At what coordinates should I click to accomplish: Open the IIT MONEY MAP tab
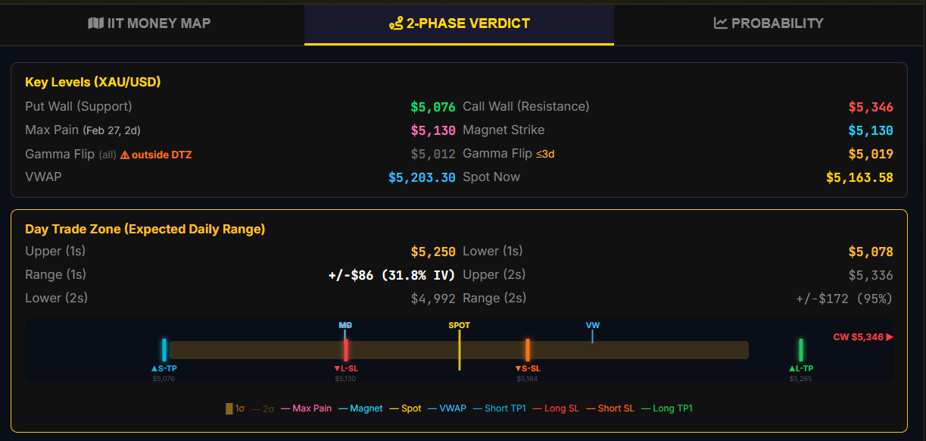click(150, 23)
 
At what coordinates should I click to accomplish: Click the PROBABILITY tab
click(769, 23)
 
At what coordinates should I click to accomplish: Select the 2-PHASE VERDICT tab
click(459, 23)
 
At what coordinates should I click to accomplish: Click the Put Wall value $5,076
click(433, 107)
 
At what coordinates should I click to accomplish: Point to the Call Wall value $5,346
click(871, 107)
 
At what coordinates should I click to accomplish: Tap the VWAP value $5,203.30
click(422, 177)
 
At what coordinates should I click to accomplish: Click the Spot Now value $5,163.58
click(859, 177)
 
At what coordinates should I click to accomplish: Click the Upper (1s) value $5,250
click(433, 252)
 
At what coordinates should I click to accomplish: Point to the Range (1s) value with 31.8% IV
click(391, 275)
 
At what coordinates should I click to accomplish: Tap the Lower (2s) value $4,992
click(433, 299)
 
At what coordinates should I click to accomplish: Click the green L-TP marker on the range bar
click(800, 350)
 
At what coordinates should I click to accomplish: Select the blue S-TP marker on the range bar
click(164, 350)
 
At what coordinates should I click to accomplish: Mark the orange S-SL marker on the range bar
click(527, 350)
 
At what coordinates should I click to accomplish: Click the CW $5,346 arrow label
click(863, 337)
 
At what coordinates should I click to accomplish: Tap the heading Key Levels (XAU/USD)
click(93, 82)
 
